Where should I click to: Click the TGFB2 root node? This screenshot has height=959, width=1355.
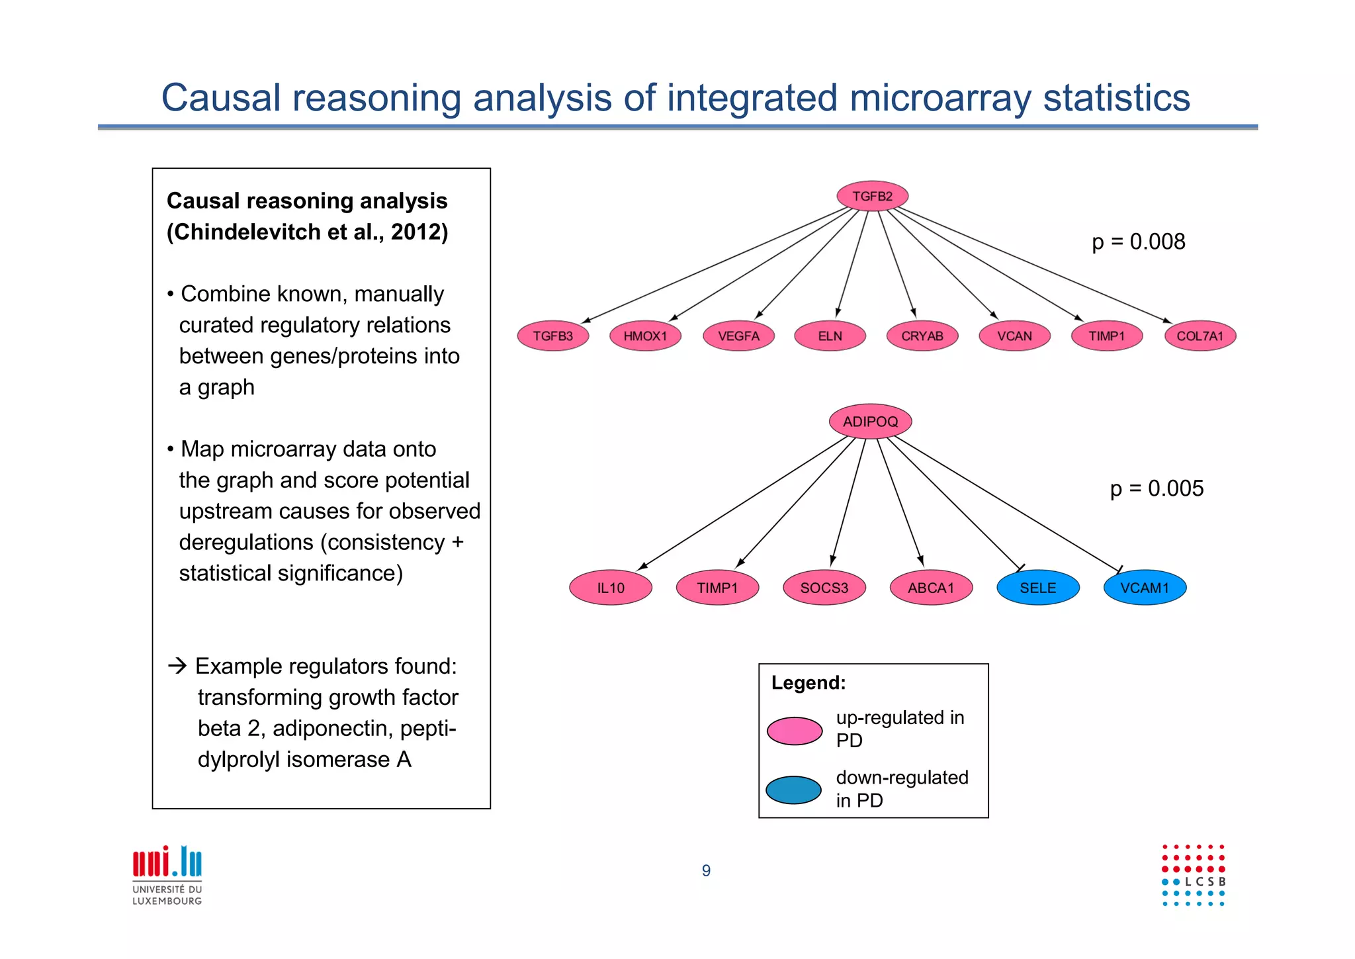click(872, 196)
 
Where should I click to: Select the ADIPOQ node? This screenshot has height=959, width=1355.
click(870, 422)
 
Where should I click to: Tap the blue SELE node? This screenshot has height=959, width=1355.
click(1037, 588)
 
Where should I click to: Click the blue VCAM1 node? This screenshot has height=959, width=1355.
click(1144, 588)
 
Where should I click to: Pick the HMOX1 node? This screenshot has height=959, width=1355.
click(645, 336)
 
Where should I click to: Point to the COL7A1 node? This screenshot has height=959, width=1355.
click(1200, 336)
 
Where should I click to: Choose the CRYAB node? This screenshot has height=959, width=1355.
click(922, 336)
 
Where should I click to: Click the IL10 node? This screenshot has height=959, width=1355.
click(610, 588)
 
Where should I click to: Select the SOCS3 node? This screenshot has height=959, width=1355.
click(824, 588)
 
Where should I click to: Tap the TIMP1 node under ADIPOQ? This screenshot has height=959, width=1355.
click(717, 588)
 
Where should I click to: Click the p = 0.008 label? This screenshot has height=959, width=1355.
click(1138, 242)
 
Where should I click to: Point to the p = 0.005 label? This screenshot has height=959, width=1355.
click(1157, 488)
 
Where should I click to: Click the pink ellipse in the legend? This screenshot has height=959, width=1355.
click(794, 731)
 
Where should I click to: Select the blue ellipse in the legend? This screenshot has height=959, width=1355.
click(793, 790)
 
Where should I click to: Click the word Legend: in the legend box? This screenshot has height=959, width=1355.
click(808, 682)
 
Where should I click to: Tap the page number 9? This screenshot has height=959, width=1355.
click(706, 870)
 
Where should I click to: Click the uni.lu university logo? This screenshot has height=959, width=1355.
click(167, 874)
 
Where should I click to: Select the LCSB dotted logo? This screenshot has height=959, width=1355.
click(1194, 875)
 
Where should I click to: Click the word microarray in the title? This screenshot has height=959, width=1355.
click(940, 98)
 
